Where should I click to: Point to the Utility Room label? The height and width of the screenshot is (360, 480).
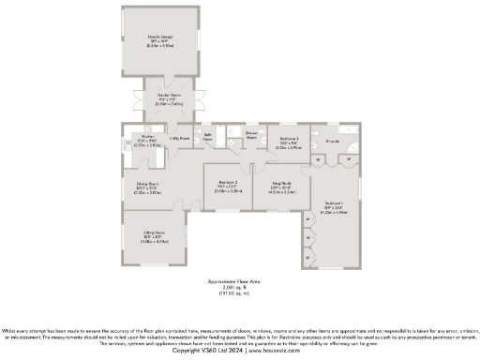click(x=179, y=138)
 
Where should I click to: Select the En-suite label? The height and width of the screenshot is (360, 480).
click(x=333, y=141)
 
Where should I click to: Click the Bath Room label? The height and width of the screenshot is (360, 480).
click(x=209, y=137)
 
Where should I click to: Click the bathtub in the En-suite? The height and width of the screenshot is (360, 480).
click(x=348, y=130)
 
